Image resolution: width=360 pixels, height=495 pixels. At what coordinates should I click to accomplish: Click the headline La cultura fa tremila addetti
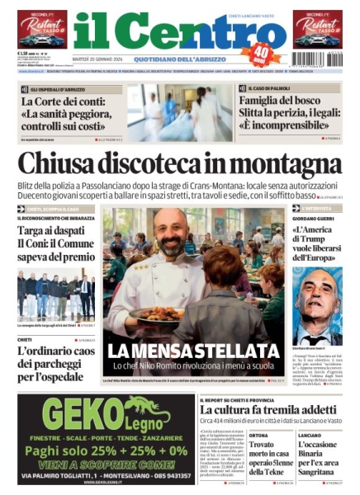pyautogui.click(x=270, y=409)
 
